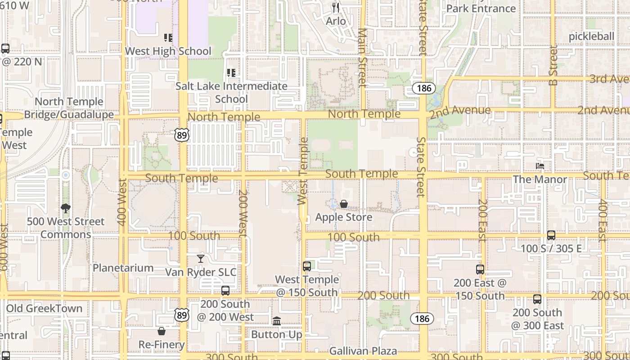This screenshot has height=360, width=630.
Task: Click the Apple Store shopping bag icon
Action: click(x=344, y=204)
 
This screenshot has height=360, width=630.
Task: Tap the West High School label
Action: click(x=168, y=51)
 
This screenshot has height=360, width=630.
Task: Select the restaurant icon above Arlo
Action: click(x=336, y=8)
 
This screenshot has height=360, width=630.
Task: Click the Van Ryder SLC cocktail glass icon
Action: click(x=201, y=259)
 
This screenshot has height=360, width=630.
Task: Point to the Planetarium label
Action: click(x=123, y=268)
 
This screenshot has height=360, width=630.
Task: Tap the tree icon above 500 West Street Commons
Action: click(x=66, y=208)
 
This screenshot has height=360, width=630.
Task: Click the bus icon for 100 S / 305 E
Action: click(x=551, y=235)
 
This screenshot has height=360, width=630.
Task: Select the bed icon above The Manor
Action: click(x=540, y=166)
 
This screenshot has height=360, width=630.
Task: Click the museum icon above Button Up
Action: click(x=277, y=321)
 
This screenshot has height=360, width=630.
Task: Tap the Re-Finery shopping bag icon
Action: click(x=162, y=332)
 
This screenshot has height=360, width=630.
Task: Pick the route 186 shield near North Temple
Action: click(x=423, y=88)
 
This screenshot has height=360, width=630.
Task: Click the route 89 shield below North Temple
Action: click(x=182, y=135)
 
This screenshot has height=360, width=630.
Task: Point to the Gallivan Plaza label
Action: click(x=363, y=351)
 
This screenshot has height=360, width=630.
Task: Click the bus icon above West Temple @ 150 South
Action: click(x=307, y=266)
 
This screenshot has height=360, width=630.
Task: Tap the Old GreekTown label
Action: click(x=44, y=309)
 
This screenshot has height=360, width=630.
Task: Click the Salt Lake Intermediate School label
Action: click(x=231, y=92)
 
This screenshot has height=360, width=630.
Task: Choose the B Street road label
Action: click(x=553, y=65)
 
